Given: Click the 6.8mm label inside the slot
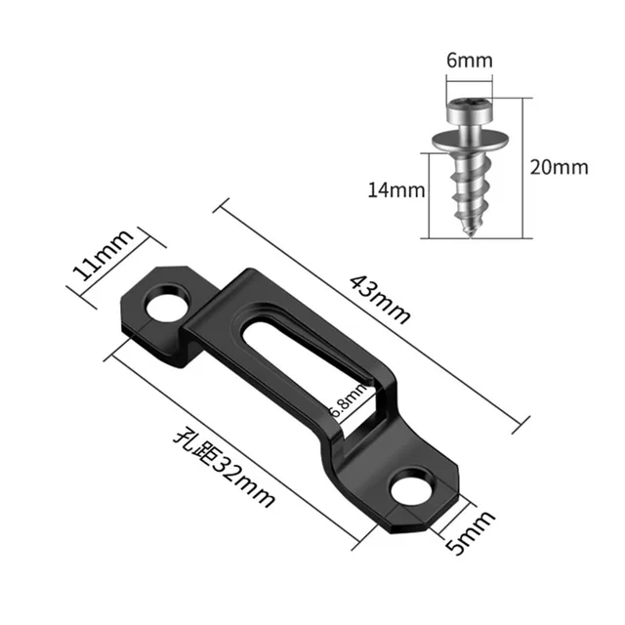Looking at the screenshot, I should click(350, 398).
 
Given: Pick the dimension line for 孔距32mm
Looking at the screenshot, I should click(244, 444).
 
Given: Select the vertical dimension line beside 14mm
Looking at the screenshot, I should click(428, 195).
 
